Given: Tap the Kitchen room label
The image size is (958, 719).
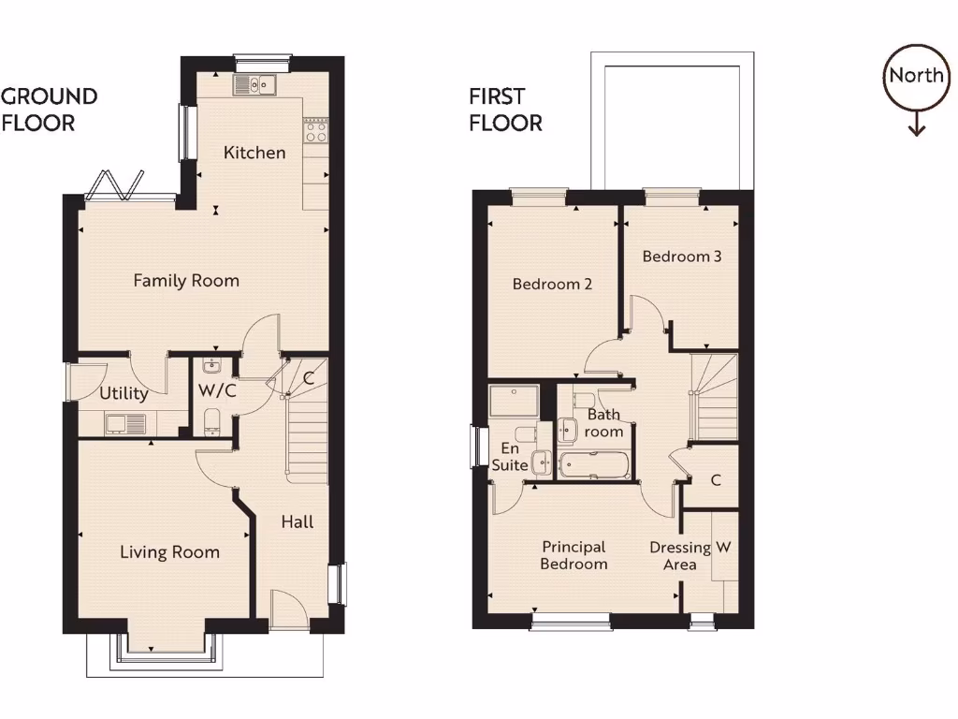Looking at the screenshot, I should (254, 153).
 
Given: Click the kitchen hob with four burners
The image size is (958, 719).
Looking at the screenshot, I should (315, 131).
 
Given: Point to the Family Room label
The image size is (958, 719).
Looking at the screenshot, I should (186, 280).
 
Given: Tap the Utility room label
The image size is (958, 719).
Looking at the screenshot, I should (123, 394).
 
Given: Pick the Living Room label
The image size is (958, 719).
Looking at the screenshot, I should (169, 552).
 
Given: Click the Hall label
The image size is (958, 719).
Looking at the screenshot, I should (298, 521).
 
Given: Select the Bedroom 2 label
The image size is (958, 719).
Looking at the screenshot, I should (552, 285).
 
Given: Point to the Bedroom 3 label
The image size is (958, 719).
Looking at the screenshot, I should (681, 256).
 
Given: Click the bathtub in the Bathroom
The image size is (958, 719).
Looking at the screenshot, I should (593, 463).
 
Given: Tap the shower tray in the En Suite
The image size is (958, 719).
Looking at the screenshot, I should (514, 403).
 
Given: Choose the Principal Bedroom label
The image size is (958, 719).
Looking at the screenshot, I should (573, 555).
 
